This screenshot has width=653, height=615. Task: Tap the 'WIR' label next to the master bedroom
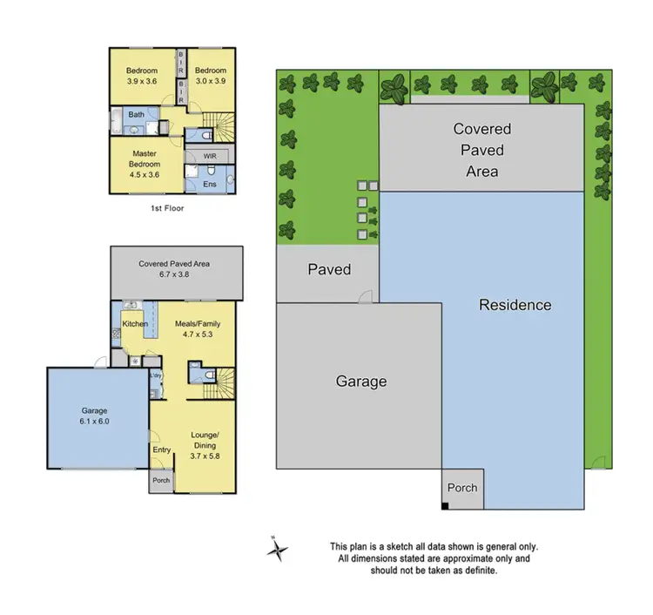click(209, 156)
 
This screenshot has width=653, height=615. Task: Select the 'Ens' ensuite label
click(209, 184)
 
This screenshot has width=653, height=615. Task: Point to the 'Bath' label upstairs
click(137, 114)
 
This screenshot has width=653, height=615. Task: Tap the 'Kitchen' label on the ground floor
click(134, 324)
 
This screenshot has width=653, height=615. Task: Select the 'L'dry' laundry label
click(156, 375)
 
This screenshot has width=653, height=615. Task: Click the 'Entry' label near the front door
click(161, 449)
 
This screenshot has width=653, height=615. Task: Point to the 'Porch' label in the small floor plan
click(161, 480)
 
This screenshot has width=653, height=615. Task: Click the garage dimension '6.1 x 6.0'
click(96, 421)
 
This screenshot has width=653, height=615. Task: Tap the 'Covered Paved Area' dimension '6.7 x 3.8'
click(173, 274)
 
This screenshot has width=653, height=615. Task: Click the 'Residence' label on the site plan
click(515, 305)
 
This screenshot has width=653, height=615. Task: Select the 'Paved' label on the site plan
click(329, 269)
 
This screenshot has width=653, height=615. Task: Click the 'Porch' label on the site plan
click(461, 488)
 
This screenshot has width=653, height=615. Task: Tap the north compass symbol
click(278, 549)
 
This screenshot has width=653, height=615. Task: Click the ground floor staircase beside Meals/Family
click(223, 382)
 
